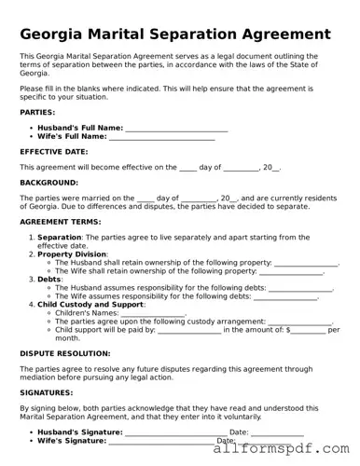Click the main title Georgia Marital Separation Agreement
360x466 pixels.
point(174,34)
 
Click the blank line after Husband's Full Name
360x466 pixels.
point(176,128)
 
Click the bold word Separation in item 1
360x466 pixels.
point(60,238)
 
